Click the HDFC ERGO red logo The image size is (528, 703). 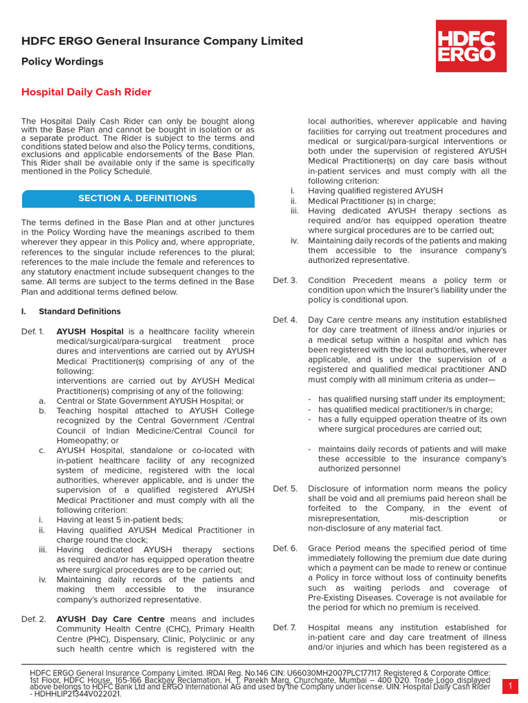pyautogui.click(x=471, y=45)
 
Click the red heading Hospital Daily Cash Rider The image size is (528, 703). pyautogui.click(x=86, y=92)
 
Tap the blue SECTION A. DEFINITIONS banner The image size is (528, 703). pyautogui.click(x=137, y=198)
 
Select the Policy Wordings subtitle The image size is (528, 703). pyautogui.click(x=63, y=62)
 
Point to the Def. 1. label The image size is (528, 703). pyautogui.click(x=32, y=332)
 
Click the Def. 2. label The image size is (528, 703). pyautogui.click(x=32, y=619)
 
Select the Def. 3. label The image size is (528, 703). pyautogui.click(x=285, y=280)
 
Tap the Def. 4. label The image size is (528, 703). pyautogui.click(x=285, y=320)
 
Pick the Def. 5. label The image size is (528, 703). pyautogui.click(x=285, y=489)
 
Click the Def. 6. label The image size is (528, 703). pyautogui.click(x=285, y=549)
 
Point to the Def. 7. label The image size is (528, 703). pyautogui.click(x=285, y=627)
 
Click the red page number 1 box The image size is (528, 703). pyautogui.click(x=511, y=686)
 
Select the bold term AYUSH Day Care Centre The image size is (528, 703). pyautogui.click(x=110, y=619)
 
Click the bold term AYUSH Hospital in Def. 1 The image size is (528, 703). pyautogui.click(x=90, y=332)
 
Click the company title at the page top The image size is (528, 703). pyautogui.click(x=162, y=41)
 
